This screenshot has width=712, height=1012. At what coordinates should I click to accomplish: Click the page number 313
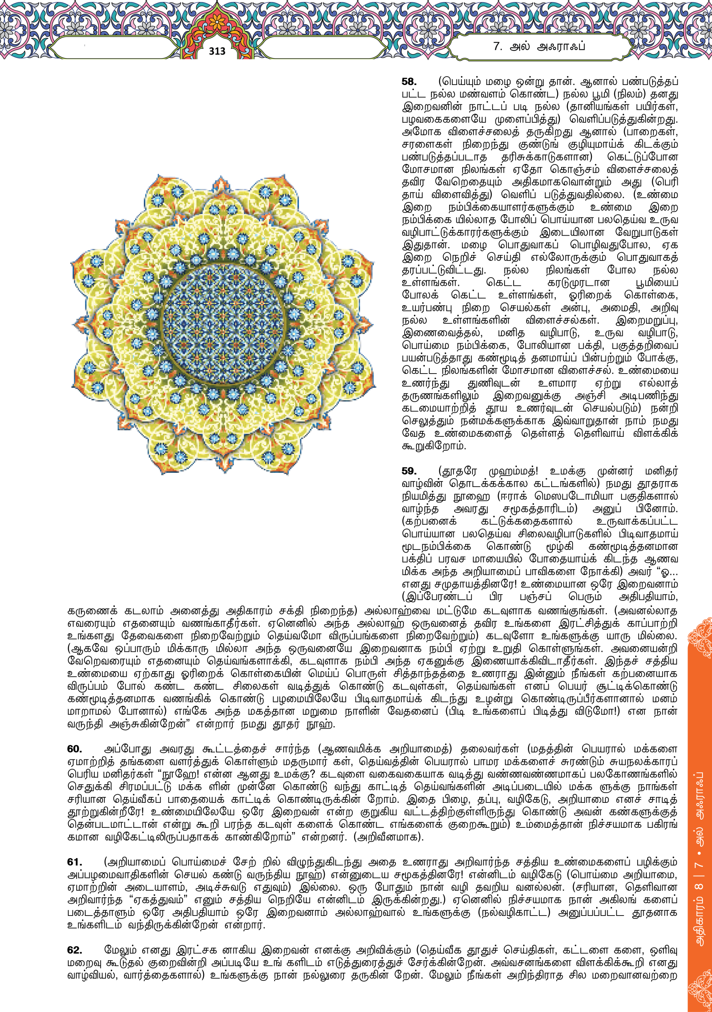click(x=217, y=51)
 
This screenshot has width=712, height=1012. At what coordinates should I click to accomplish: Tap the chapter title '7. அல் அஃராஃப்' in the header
click(x=539, y=46)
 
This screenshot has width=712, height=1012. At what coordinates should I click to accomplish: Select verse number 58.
click(x=409, y=81)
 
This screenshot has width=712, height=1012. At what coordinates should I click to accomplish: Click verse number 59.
click(x=409, y=471)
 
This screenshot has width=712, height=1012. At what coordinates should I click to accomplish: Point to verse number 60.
click(x=74, y=749)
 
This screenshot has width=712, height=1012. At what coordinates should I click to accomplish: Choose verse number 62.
click(x=74, y=950)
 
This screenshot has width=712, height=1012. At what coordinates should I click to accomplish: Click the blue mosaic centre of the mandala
click(x=223, y=325)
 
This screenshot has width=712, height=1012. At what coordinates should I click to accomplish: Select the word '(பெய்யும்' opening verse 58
click(x=458, y=81)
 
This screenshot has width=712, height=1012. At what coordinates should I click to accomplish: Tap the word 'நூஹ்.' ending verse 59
click(x=324, y=724)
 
